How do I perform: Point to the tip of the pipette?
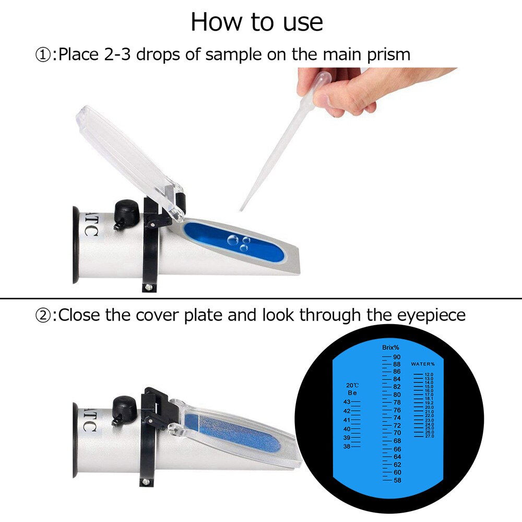click(x=241, y=210)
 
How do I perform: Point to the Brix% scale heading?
click(x=390, y=347)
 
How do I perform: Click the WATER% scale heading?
click(x=423, y=364)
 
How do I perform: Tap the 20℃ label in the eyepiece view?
click(x=353, y=385)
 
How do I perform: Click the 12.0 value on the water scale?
click(x=429, y=374)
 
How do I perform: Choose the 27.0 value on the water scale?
click(x=429, y=436)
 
